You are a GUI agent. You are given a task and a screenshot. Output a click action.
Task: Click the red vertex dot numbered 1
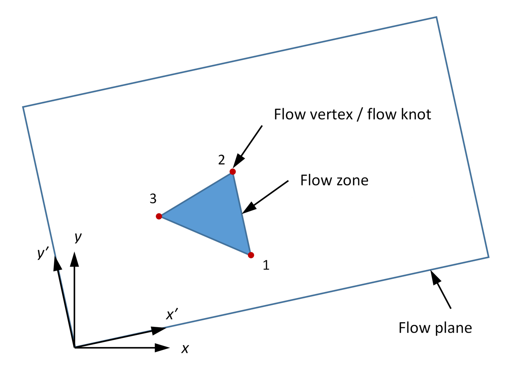click(x=251, y=255)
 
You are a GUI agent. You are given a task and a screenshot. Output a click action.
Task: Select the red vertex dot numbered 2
click(x=232, y=172)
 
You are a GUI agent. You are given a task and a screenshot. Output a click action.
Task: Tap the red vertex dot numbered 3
click(x=159, y=216)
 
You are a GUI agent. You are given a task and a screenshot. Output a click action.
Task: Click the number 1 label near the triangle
click(x=266, y=265)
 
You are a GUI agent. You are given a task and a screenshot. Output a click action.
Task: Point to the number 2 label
click(x=221, y=160)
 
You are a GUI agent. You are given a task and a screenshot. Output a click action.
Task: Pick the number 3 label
click(x=153, y=199)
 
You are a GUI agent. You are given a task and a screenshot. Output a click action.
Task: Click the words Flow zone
click(x=334, y=180)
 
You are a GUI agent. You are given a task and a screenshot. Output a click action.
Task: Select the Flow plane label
click(x=435, y=328)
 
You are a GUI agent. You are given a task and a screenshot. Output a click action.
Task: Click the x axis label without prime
click(x=185, y=349)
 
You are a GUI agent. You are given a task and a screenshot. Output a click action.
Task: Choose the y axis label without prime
click(x=78, y=238)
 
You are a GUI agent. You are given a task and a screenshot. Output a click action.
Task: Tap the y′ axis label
click(x=43, y=253)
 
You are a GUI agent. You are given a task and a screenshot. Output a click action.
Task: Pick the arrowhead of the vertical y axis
click(x=75, y=259)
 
